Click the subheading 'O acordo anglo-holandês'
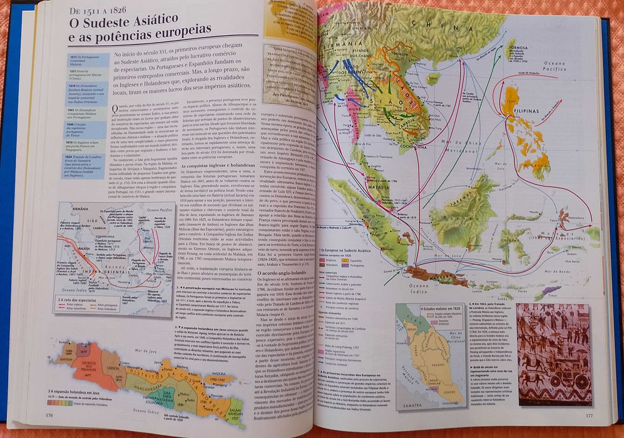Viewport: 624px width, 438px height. click(x=291, y=273)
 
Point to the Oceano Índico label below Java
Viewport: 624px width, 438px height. click(x=142, y=412)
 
